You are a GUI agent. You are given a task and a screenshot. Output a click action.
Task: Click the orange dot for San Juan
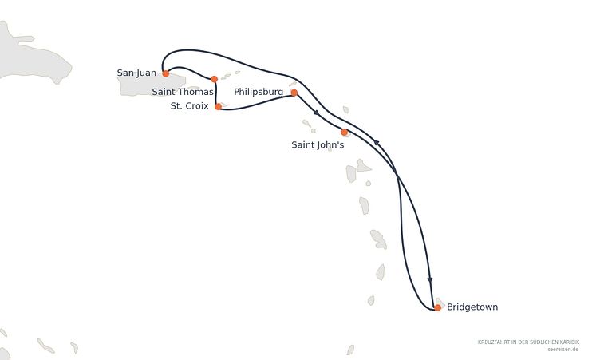pos(166,73)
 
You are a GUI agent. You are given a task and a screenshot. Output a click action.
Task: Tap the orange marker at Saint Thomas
pos(215,79)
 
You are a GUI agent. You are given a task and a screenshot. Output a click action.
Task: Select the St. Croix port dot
pos(218,107)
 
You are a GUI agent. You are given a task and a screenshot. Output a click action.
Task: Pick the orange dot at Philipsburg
pos(294,93)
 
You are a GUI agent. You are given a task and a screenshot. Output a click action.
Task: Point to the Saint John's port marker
pos(344,133)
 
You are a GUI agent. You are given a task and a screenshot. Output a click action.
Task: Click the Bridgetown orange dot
pos(438,307)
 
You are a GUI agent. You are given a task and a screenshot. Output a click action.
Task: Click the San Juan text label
pos(136,73)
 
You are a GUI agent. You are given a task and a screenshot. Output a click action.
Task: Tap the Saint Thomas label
pos(183,92)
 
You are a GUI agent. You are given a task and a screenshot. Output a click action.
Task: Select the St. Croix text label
pos(189,106)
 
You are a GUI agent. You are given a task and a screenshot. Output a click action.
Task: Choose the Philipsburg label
pos(259,93)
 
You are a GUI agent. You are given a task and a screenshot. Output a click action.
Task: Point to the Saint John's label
pos(318,144)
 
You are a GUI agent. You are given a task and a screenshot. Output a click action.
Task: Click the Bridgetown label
pos(472,307)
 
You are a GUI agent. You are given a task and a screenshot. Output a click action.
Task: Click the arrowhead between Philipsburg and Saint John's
pos(316,113)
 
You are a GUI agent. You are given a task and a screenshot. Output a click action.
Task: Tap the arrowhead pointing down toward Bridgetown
pos(430,280)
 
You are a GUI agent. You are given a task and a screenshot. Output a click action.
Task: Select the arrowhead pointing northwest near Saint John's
pos(377,143)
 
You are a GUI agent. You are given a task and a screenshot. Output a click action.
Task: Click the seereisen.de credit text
pos(563,350)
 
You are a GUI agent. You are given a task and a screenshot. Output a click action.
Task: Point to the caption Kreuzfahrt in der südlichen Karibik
pos(528,342)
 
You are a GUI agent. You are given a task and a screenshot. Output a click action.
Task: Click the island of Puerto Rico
pos(152,85)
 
